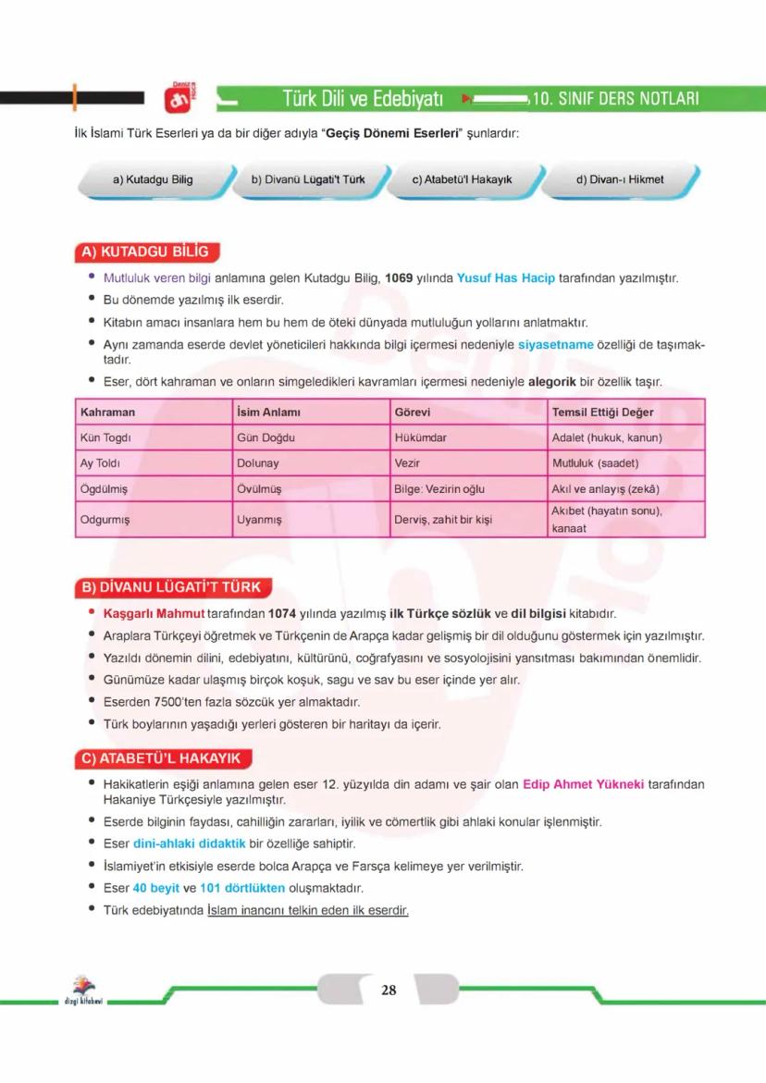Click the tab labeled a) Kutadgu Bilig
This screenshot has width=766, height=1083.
tap(153, 179)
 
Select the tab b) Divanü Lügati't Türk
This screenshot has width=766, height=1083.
tap(308, 179)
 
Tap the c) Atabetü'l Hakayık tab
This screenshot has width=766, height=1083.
tap(462, 179)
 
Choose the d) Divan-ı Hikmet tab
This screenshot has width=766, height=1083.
tap(620, 179)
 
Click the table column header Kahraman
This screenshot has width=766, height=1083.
tap(108, 412)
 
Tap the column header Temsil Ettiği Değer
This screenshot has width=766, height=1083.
tap(602, 412)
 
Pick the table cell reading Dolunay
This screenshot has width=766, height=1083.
tap(258, 463)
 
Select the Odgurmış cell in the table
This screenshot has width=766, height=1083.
tap(105, 520)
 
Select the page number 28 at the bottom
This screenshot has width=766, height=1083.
tap(389, 991)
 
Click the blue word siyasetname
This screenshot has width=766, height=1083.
tap(556, 345)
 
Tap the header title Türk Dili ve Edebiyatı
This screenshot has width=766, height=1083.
tap(363, 98)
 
